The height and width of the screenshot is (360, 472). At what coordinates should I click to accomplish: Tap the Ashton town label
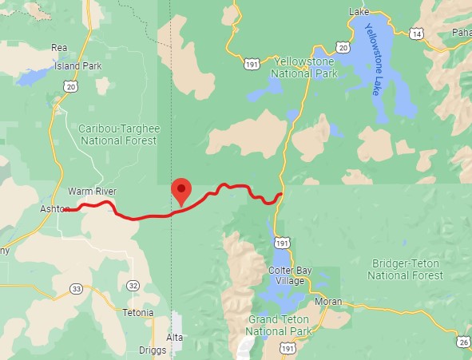[x=54, y=209]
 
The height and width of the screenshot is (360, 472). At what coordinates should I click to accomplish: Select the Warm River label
[x=92, y=192]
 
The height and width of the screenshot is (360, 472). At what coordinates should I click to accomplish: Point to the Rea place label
[x=58, y=47]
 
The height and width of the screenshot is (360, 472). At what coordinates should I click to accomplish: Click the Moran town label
[x=328, y=301]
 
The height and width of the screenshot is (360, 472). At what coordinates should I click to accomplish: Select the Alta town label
[x=176, y=338]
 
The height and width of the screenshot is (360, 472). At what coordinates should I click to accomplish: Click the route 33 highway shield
[x=77, y=288]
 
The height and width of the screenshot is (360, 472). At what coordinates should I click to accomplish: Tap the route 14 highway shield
[x=416, y=34]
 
